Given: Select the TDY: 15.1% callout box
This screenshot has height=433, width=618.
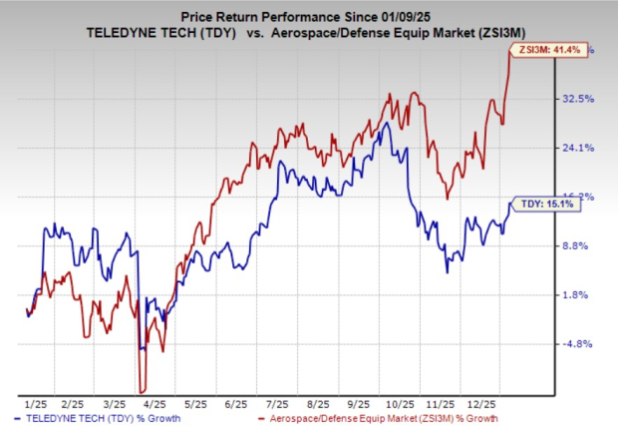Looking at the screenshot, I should (x=544, y=204).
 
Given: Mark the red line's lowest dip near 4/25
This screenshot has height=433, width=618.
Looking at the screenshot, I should (x=144, y=391).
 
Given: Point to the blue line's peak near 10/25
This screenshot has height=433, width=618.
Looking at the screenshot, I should (x=386, y=124).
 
